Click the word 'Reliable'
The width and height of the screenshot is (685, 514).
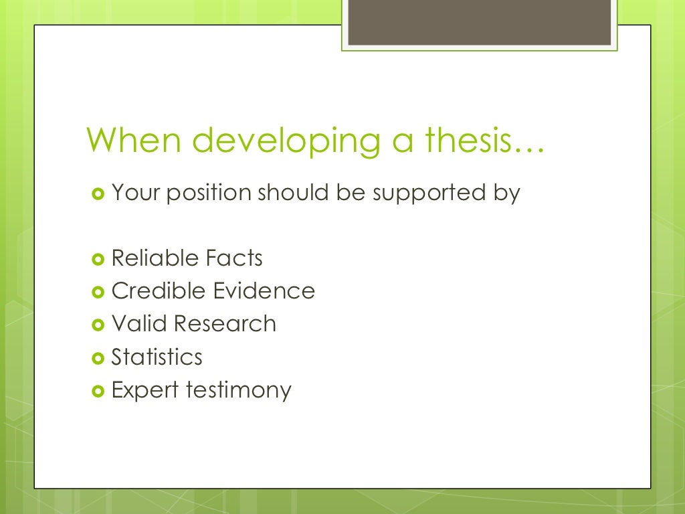click(155, 258)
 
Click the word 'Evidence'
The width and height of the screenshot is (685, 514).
click(264, 290)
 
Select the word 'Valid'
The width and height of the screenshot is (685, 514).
click(138, 323)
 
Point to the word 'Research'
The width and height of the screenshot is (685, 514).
click(225, 323)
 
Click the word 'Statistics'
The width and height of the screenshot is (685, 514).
click(157, 357)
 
